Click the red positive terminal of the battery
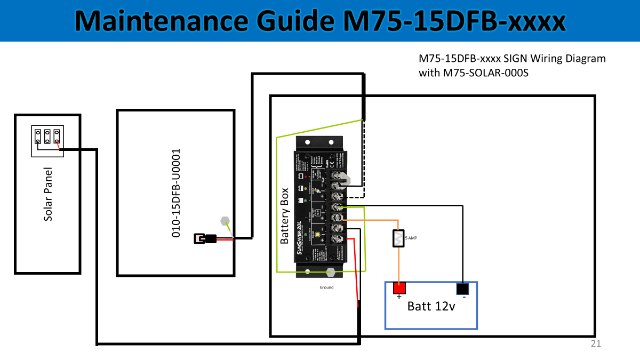[x=399, y=288]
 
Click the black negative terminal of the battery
[x=462, y=289]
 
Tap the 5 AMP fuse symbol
[x=398, y=238]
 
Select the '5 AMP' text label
[x=412, y=238]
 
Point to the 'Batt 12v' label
[x=431, y=307]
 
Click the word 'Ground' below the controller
[x=326, y=287]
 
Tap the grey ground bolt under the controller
[x=331, y=271]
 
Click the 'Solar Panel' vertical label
[x=48, y=194]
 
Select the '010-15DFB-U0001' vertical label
[x=178, y=193]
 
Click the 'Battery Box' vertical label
[x=285, y=216]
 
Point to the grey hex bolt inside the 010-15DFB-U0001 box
[x=225, y=220]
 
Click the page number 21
[x=596, y=344]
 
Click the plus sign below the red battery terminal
[x=398, y=297]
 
